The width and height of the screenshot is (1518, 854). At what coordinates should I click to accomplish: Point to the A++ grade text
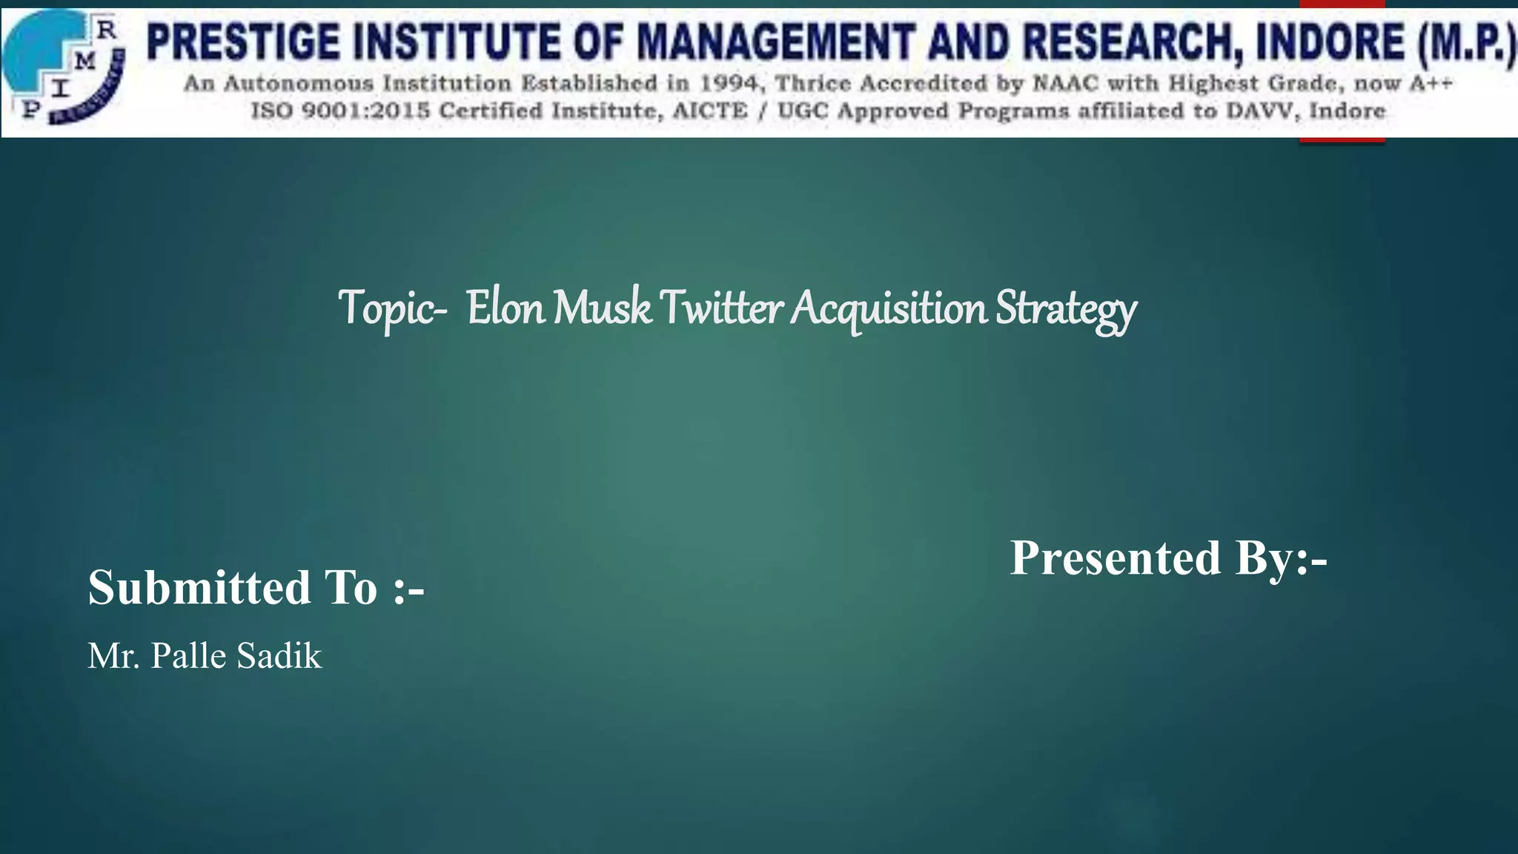1430,84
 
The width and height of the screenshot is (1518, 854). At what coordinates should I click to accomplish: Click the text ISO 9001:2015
341,111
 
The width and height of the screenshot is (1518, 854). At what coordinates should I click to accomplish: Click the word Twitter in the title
720,308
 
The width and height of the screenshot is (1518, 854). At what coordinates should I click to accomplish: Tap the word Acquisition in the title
888,308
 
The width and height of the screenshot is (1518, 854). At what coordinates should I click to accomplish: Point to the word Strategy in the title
1065,309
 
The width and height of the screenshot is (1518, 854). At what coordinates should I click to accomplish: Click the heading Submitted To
256,587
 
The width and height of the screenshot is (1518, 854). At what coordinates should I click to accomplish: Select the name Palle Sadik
236,656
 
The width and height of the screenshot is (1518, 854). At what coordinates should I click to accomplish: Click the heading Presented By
1168,557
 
